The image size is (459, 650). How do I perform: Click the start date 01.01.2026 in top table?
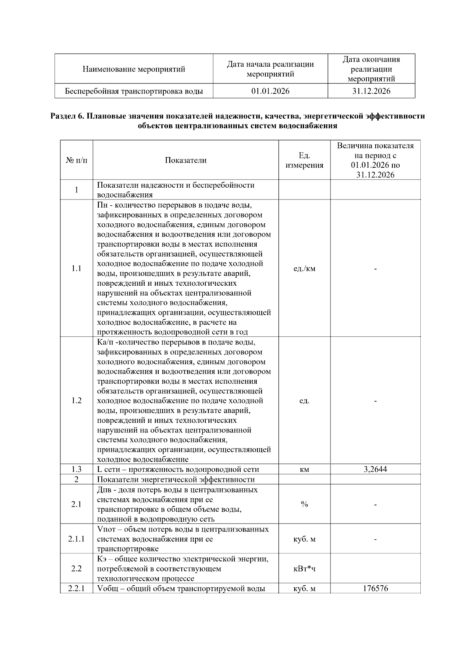point(270,91)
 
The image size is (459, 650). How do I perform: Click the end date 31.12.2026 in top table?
point(371,91)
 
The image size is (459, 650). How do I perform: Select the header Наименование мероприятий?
point(134,69)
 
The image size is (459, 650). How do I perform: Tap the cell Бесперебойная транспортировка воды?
point(134,91)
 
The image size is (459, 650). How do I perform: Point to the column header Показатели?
point(186,160)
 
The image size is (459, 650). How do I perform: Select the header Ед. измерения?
point(304,160)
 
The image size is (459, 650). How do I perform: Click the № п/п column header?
point(76,160)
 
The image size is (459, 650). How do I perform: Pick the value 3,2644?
point(375,469)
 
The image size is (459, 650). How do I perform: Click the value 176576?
point(375,588)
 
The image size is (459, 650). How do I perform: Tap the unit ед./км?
point(304,269)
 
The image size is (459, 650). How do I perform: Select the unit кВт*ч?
point(304,568)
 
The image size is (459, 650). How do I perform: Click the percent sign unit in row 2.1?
point(304,504)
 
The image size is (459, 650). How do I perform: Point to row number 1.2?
point(76,401)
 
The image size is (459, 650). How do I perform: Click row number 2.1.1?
point(76,539)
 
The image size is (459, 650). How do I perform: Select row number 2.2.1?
point(76,588)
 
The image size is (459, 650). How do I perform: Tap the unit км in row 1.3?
point(304,470)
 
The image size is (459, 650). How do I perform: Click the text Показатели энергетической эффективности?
point(176,480)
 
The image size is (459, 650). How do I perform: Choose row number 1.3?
point(76,469)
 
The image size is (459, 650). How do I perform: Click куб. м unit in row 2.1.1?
point(304,539)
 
